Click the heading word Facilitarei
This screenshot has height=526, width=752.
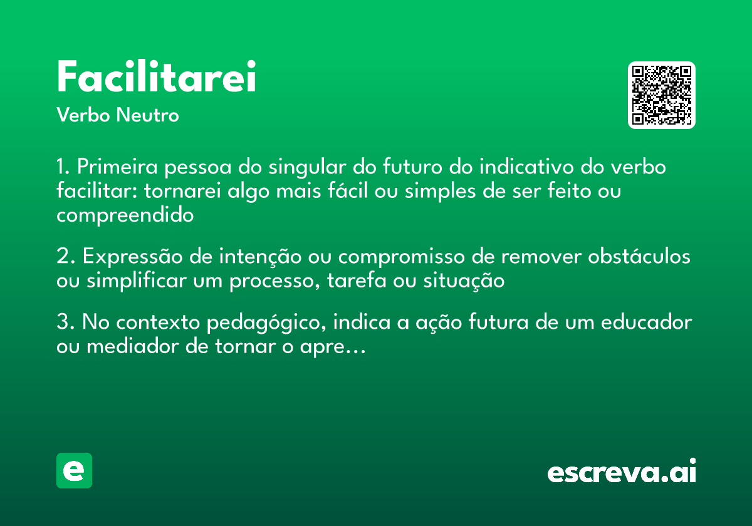(x=156, y=78)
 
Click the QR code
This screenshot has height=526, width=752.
(x=662, y=95)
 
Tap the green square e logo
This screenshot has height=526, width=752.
(x=74, y=471)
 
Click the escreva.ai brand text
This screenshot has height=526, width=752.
(x=622, y=472)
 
